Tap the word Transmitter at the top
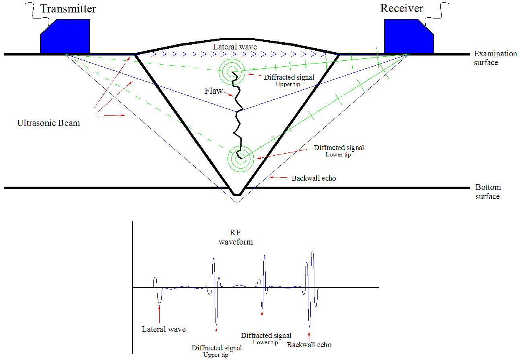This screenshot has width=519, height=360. pyautogui.click(x=68, y=8)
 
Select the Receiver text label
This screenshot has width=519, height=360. pyautogui.click(x=402, y=8)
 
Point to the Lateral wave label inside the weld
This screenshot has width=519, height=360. pyautogui.click(x=235, y=47)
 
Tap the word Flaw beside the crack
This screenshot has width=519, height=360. pyautogui.click(x=213, y=91)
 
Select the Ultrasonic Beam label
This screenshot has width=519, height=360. pyautogui.click(x=49, y=123)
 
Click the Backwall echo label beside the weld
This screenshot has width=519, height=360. pyautogui.click(x=314, y=178)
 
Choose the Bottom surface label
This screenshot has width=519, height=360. pyautogui.click(x=488, y=192)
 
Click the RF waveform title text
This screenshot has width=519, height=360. pyautogui.click(x=236, y=237)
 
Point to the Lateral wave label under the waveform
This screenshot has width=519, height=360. pyautogui.click(x=164, y=329)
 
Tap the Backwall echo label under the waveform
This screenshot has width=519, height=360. pyautogui.click(x=309, y=344)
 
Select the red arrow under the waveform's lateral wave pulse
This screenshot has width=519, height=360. pyautogui.click(x=160, y=314)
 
